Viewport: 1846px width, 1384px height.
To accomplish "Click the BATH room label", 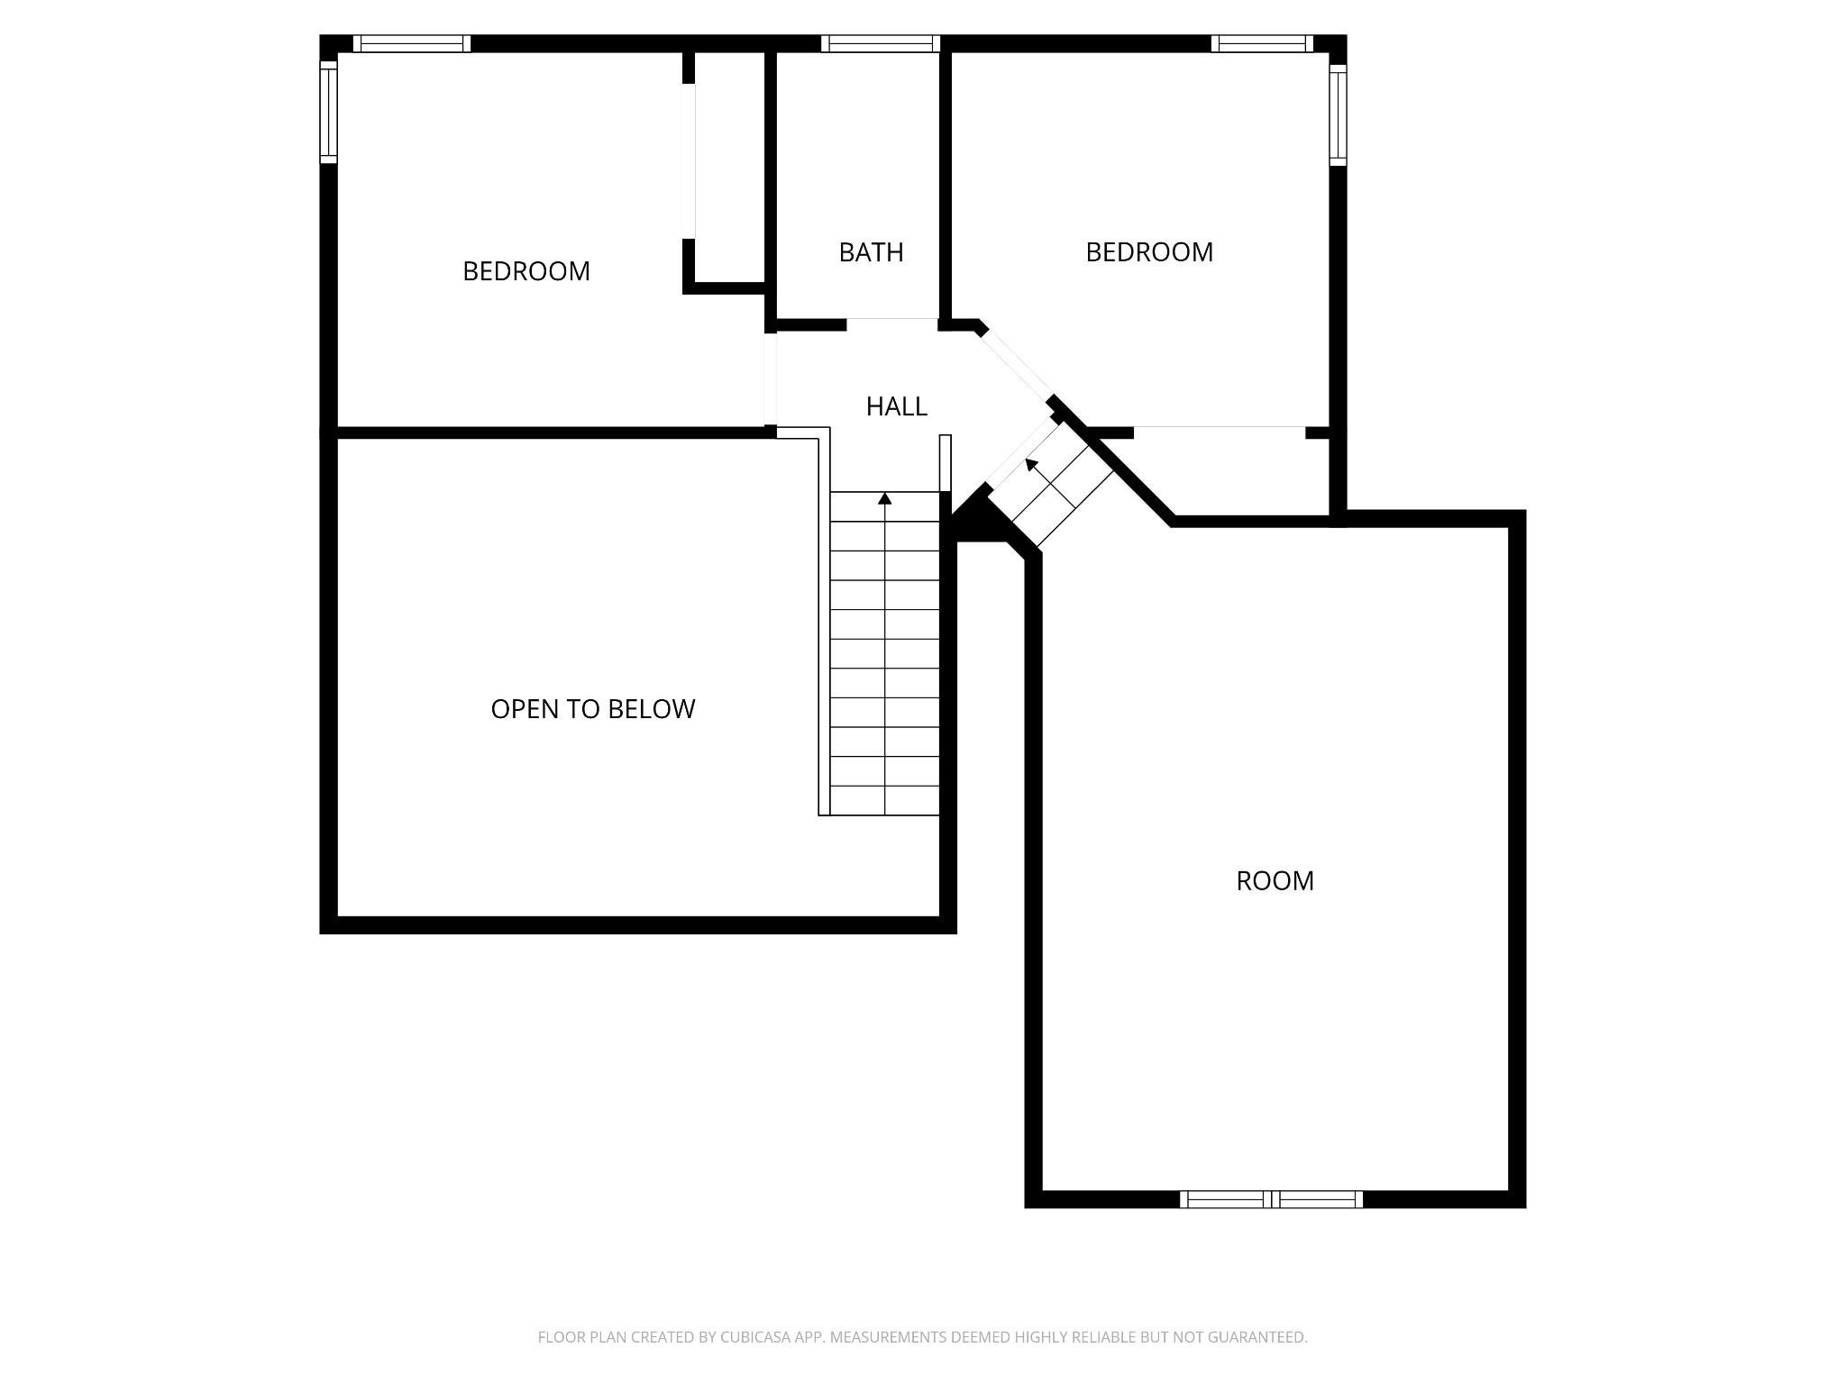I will click(x=871, y=252).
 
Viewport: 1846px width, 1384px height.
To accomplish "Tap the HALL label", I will click(x=896, y=406).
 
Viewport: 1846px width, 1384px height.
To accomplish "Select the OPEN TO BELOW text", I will click(x=592, y=709).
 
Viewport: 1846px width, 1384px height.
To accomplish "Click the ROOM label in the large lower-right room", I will click(x=1275, y=880).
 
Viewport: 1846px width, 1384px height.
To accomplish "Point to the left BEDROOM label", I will click(x=525, y=271).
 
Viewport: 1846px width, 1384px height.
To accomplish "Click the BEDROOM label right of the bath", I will click(x=1148, y=252).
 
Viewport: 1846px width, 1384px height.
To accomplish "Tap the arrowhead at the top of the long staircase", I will click(x=885, y=498).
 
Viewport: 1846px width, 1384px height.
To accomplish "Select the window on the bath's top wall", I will click(x=881, y=43).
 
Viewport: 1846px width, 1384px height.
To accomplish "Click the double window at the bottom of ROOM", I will click(x=1271, y=1199).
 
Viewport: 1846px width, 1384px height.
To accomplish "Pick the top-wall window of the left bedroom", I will click(x=411, y=43).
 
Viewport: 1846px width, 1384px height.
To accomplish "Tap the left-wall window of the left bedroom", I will click(x=328, y=112).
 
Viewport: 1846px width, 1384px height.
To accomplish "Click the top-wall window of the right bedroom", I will click(x=1261, y=43).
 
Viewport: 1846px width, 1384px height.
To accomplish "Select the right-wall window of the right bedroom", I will click(x=1338, y=114).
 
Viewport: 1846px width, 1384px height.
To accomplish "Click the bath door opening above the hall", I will click(x=891, y=323).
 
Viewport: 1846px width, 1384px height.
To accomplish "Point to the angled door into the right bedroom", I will click(x=1017, y=364).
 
